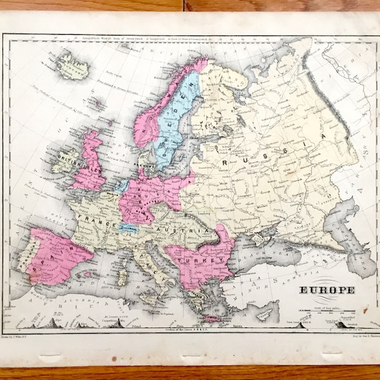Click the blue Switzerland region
point(129,227)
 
